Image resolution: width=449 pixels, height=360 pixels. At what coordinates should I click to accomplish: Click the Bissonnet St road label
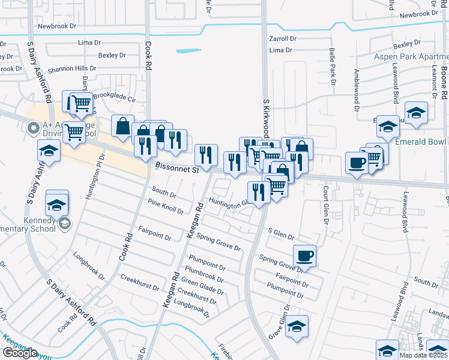point(176,170)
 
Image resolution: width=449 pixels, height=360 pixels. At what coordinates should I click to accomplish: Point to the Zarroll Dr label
point(283,38)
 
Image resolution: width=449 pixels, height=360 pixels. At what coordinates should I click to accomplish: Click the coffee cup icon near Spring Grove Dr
point(305,254)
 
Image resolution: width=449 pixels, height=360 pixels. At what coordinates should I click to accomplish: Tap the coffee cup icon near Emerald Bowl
point(357,162)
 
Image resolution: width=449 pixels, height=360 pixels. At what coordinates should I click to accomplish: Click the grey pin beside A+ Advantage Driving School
point(34,127)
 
